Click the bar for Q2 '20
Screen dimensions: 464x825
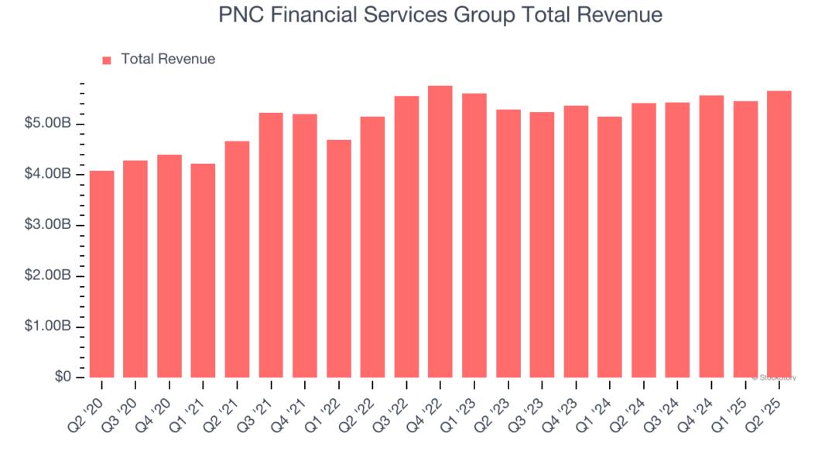pos(101,274)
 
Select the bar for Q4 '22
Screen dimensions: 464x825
pos(440,231)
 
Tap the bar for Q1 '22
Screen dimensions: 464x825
pos(338,258)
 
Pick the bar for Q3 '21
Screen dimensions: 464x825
pos(271,245)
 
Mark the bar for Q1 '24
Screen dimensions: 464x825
pos(609,247)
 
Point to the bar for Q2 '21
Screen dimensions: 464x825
pos(237,259)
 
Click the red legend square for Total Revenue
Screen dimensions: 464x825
pos(107,60)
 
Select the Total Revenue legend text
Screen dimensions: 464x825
pos(168,59)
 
